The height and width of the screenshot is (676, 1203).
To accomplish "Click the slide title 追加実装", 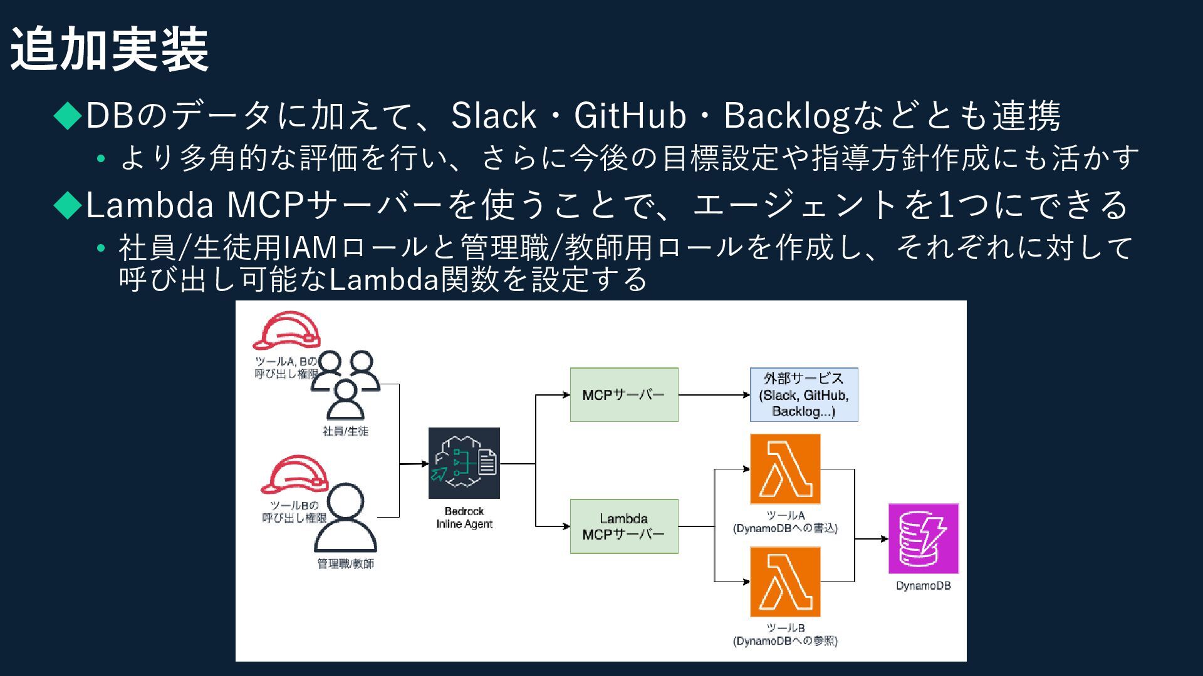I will pos(110,50).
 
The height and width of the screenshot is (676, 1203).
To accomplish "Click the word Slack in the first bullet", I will pos(494,116).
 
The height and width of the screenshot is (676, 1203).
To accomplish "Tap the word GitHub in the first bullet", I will pos(630,116).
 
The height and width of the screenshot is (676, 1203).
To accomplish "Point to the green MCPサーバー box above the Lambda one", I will pos(624,395).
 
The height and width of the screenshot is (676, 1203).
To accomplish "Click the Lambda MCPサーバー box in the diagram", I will pos(624,526).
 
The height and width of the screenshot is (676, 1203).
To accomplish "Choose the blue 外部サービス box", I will pos(804,395).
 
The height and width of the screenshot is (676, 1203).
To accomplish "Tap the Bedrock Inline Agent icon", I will pos(464,463).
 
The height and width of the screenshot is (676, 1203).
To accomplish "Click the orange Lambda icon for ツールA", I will pos(785,469).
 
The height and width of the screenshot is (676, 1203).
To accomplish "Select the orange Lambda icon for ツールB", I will pos(785,581).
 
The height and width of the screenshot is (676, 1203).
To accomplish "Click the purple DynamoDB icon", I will pos(924,538).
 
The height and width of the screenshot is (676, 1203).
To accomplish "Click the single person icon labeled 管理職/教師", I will pos(345,519).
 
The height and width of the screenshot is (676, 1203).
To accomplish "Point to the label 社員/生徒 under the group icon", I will pos(345,431).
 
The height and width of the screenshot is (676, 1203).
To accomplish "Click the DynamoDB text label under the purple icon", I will pos(924,586).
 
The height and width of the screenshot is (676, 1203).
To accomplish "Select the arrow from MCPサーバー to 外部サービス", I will pos(714,395).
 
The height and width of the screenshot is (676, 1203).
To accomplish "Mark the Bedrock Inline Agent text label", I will pos(464,518).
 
